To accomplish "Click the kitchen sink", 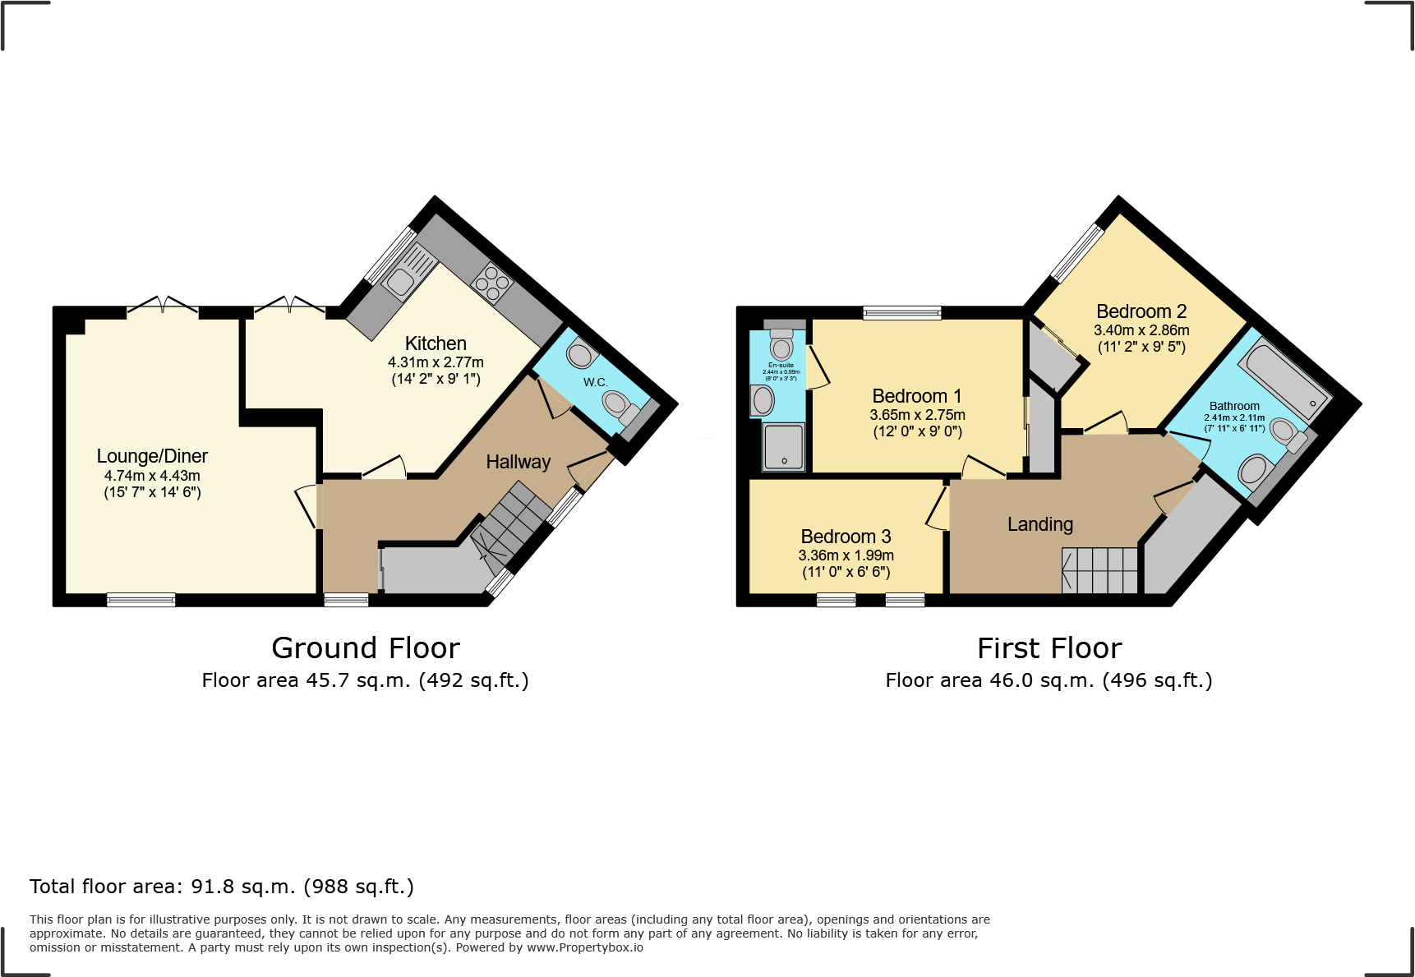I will coord(401,281).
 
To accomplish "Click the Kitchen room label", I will coord(436,343).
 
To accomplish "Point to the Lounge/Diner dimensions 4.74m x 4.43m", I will coord(152,476).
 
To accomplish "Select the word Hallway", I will coord(518,462).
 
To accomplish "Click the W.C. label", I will coord(596,382).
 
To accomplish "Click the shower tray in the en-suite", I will coord(784,446).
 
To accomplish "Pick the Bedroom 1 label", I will coord(916,396).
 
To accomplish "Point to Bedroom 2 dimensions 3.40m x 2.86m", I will coord(1141,330).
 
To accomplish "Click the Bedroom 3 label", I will coord(846,537).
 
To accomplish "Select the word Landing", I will coord(1040,524).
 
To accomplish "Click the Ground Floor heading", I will coord(366,648).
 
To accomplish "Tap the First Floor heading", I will coord(1049,648).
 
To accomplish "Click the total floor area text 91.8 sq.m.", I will coord(222,887).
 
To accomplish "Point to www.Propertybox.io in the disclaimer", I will coord(585,947).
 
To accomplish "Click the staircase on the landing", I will coord(1099,570).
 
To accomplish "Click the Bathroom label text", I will coord(1234,406).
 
